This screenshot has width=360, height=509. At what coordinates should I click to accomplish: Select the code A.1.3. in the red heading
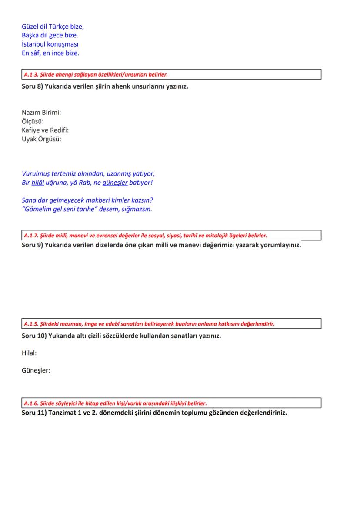click(31, 74)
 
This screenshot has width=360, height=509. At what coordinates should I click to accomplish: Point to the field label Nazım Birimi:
click(41, 113)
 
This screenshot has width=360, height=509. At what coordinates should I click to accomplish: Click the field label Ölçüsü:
click(33, 121)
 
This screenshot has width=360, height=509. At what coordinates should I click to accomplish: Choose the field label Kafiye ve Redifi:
click(45, 130)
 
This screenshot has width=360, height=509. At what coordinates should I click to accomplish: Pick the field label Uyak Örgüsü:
click(41, 139)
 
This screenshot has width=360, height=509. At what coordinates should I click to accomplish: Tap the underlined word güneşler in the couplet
click(115, 183)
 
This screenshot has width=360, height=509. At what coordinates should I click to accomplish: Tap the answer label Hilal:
click(29, 353)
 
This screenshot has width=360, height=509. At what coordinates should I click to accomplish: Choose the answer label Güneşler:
click(36, 371)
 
